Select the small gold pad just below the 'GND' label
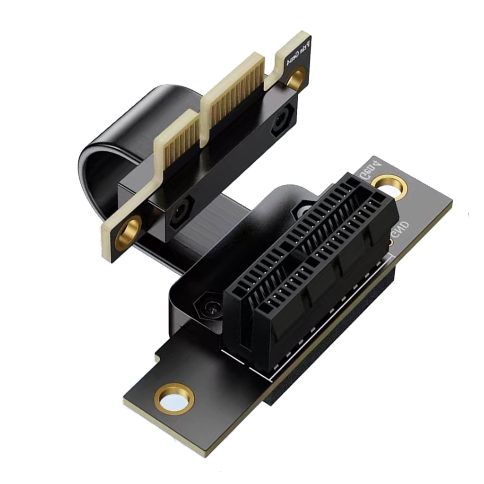click(x=391, y=242)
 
